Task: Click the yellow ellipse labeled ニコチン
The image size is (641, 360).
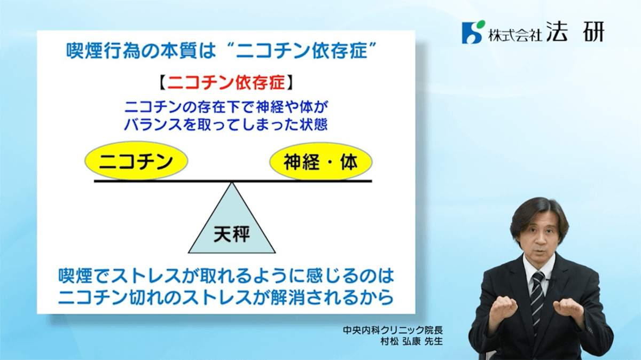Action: tap(136, 161)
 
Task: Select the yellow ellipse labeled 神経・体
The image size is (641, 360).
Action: tap(321, 162)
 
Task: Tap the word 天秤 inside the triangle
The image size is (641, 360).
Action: tap(232, 234)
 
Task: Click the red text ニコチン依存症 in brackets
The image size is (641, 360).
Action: tap(226, 83)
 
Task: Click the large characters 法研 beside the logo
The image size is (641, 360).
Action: tap(575, 32)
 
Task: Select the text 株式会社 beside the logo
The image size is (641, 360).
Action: tap(515, 35)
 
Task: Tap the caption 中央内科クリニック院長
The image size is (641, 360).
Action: tap(393, 330)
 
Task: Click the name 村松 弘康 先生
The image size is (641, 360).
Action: tap(411, 341)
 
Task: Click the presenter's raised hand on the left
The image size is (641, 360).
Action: tap(503, 310)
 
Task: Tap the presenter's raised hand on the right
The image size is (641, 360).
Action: tap(569, 310)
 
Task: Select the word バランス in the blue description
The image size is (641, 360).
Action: tap(153, 124)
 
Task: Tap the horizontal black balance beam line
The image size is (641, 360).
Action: tap(233, 181)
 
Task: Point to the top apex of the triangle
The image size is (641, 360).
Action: tap(232, 183)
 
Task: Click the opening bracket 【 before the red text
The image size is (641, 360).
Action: tap(162, 83)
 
